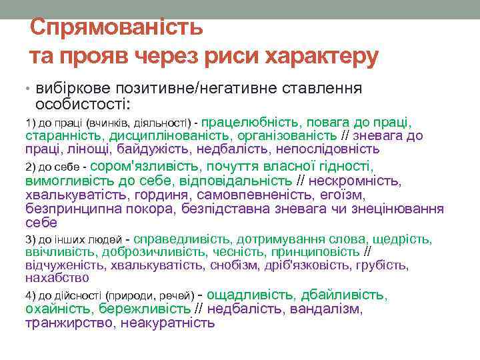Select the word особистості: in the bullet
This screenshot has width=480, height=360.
pyautogui.click(x=83, y=104)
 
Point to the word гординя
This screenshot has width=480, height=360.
pyautogui.click(x=157, y=195)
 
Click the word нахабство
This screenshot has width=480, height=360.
pyautogui.click(x=57, y=277)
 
